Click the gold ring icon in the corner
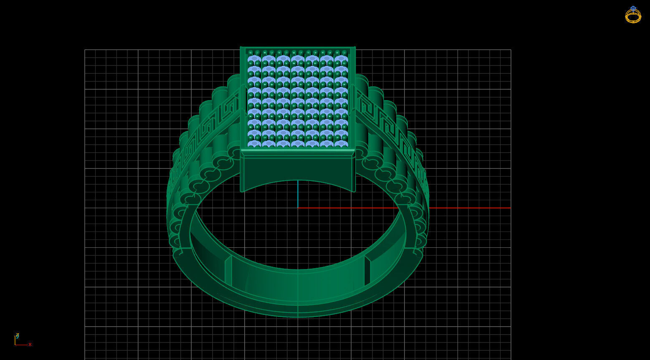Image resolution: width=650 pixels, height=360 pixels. [633, 15]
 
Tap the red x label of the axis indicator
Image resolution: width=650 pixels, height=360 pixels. [30, 345]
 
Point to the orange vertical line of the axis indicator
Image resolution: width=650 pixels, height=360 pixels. [15, 340]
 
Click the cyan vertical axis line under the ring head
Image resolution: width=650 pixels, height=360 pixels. [298, 194]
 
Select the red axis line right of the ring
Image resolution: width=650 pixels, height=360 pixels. [468, 208]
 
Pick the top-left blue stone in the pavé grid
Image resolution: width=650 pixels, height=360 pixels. [254, 59]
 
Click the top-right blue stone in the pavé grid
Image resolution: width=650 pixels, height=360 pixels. [341, 59]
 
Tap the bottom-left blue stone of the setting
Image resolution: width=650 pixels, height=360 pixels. [254, 144]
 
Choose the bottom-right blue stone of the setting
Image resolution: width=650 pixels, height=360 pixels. [341, 144]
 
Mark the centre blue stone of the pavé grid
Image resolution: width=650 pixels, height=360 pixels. [298, 101]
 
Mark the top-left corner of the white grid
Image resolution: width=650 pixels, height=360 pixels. [85, 50]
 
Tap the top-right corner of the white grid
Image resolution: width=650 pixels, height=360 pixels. [511, 50]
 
